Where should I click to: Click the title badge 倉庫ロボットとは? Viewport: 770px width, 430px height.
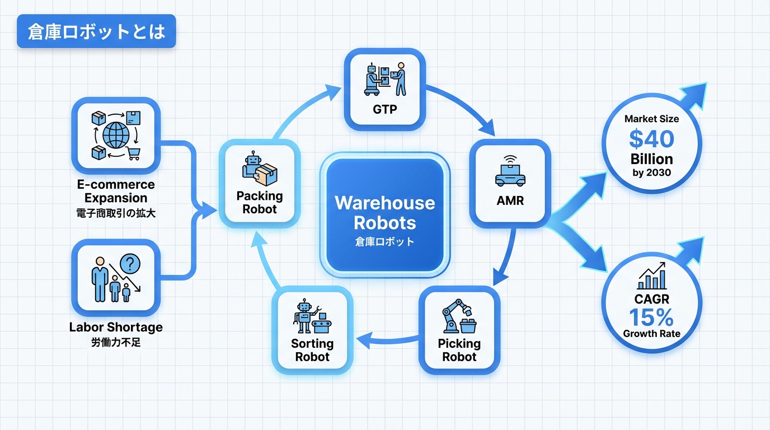(x=96, y=32)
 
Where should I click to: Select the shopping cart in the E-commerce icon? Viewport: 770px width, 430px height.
(x=133, y=153)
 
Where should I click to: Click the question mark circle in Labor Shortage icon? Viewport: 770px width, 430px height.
(x=130, y=263)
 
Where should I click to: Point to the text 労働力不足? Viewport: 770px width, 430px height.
(x=116, y=342)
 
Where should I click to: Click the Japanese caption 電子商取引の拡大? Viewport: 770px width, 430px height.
(x=116, y=213)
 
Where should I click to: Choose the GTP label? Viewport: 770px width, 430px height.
(x=384, y=109)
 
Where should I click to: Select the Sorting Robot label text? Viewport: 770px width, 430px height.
(x=312, y=350)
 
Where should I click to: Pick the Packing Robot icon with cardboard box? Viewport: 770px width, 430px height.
(x=260, y=169)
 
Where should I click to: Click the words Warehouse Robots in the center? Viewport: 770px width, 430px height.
(x=385, y=213)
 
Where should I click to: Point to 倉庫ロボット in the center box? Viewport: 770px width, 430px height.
(x=385, y=242)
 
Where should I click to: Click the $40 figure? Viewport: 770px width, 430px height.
(x=651, y=138)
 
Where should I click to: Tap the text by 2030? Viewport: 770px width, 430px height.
(x=651, y=172)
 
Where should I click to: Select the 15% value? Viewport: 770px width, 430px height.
(x=651, y=317)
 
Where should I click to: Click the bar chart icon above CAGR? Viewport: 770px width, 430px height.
(x=651, y=277)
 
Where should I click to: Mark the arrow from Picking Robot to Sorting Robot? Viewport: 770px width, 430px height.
(x=387, y=338)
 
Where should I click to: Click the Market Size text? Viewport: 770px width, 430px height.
(x=651, y=119)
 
